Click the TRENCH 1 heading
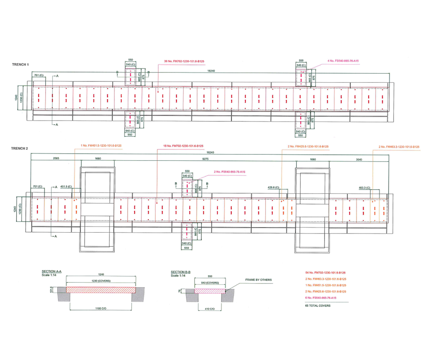[x=20, y=65]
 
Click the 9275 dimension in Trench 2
[x=205, y=159]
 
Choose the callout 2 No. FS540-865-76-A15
[x=229, y=172]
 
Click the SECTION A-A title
[x=51, y=272]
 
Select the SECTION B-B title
[x=181, y=272]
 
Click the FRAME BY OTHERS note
[x=258, y=280]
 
